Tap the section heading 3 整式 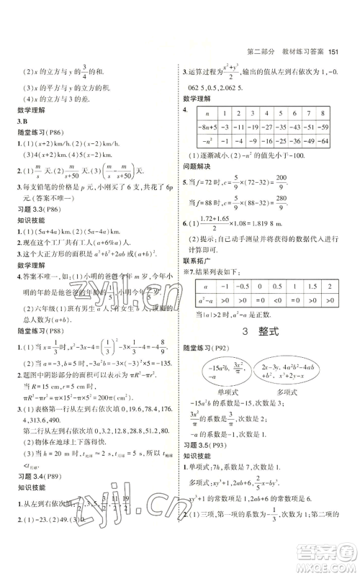point(258,333)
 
